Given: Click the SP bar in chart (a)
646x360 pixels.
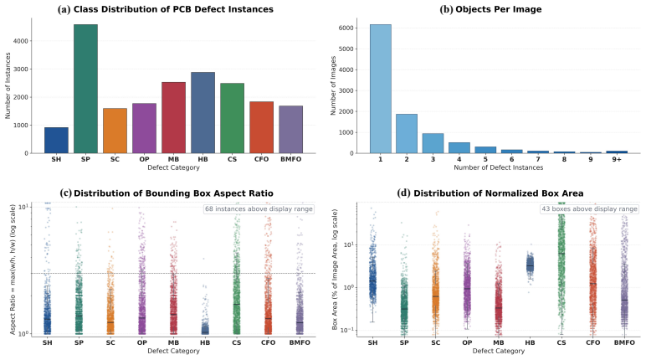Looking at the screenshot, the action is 85,89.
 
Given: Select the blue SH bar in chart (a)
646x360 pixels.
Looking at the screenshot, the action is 56,140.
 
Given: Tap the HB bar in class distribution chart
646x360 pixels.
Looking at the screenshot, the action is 203,112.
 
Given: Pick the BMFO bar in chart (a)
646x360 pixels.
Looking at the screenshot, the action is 290,130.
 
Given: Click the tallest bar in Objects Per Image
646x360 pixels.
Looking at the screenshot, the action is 380,89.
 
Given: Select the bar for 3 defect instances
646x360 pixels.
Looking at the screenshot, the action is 433,143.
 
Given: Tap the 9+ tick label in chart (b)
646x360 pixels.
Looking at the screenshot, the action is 617,159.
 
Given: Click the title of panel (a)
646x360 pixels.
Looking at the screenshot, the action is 165,9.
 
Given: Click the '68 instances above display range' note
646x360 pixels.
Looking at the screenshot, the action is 259,209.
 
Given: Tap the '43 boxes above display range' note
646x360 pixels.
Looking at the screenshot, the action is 589,209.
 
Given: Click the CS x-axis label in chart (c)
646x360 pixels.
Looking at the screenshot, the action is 237,342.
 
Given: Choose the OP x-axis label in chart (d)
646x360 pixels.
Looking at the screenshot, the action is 467,342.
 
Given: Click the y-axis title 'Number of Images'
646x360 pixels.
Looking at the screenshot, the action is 333,85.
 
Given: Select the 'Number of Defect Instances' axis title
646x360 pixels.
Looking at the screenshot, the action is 498,167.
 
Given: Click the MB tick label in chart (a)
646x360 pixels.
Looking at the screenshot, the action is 173,159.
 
